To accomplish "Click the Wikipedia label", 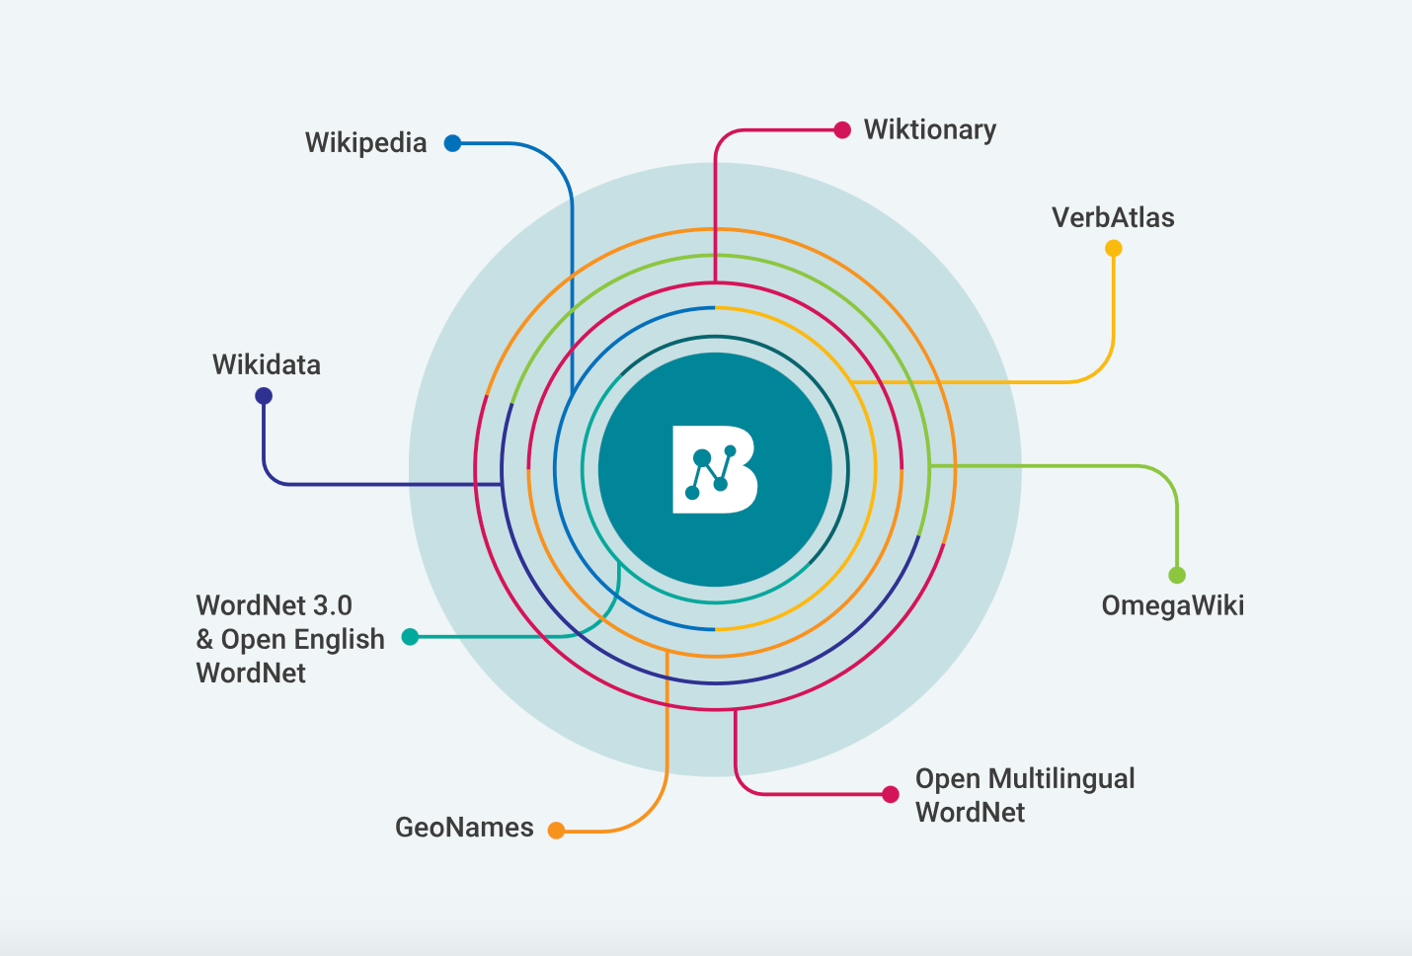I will tap(365, 143).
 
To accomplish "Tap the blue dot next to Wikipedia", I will tap(452, 143).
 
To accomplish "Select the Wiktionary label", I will tap(929, 130).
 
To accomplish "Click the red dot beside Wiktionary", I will tap(842, 130).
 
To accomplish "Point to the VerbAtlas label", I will tap(1113, 218).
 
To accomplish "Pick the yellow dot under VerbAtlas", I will tap(1114, 248).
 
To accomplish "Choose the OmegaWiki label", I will tap(1172, 605).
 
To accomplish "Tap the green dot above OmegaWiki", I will tap(1177, 575).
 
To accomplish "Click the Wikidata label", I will tap(267, 365).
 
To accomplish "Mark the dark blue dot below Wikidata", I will tap(264, 396).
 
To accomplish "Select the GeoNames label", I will tap(464, 828).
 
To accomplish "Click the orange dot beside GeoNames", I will tap(557, 831).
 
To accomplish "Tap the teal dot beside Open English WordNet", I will tap(410, 637).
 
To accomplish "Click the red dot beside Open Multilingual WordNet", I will tap(891, 794).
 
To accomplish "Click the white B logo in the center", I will tap(715, 470).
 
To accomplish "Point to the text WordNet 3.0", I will tap(274, 605).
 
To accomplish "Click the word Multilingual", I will tap(1061, 779).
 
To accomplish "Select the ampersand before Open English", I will tap(204, 640).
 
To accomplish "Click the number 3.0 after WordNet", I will tap(332, 605).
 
